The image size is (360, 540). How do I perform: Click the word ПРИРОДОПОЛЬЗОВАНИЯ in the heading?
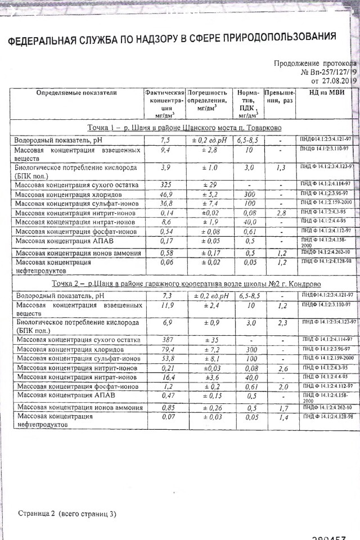pyautogui.click(x=279, y=38)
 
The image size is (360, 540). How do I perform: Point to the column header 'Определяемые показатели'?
pyautogui.click(x=76, y=92)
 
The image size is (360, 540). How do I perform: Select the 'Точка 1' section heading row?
pyautogui.click(x=184, y=128)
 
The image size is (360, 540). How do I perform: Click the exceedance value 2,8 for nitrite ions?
pyautogui.click(x=281, y=213)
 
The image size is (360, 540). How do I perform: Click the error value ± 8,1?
pyautogui.click(x=207, y=358)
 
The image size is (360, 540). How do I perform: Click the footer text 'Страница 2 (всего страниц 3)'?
pyautogui.click(x=67, y=514)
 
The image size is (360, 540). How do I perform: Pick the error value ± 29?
pyautogui.click(x=206, y=184)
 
